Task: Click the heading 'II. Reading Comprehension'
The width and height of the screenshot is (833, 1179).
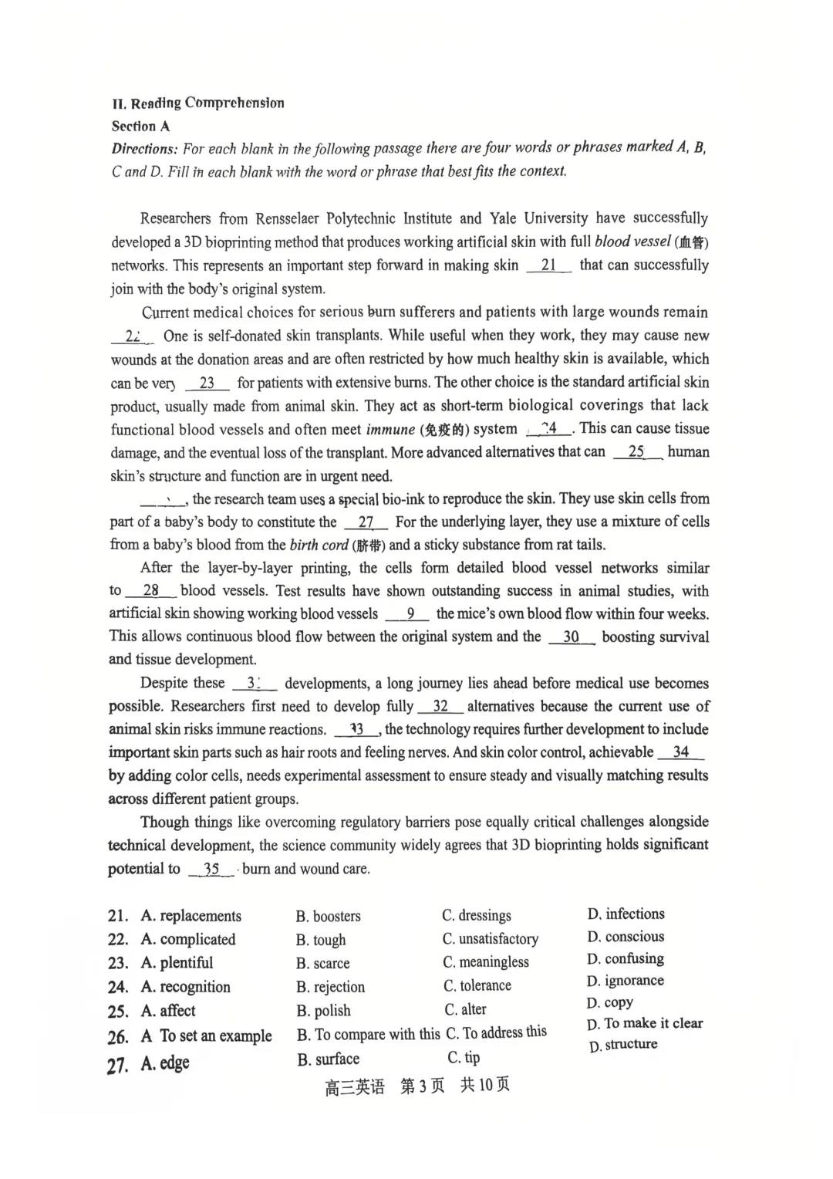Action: (198, 103)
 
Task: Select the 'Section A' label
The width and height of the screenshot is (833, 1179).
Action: (140, 127)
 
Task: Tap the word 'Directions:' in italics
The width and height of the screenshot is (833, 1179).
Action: (144, 149)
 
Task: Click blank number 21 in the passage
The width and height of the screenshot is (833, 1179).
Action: (548, 265)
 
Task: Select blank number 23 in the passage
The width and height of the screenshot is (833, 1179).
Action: (207, 383)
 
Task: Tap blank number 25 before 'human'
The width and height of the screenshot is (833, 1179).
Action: (636, 452)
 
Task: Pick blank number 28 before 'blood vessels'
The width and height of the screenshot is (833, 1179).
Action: (150, 591)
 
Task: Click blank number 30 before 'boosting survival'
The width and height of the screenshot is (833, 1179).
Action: (571, 637)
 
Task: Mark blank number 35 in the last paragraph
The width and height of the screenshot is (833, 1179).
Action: (211, 870)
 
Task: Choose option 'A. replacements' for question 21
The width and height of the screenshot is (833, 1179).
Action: (191, 917)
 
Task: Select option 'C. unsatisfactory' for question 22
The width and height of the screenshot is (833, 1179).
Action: (491, 939)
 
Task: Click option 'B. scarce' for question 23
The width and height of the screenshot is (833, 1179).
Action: (323, 964)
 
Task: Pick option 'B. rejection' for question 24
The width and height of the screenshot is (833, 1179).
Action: (331, 988)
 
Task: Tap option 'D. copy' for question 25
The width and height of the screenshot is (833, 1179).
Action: (610, 1003)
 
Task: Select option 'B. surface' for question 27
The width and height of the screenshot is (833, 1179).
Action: (329, 1059)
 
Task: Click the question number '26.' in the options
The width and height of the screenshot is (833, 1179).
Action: (118, 1037)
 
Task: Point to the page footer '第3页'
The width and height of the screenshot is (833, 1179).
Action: (423, 1086)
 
